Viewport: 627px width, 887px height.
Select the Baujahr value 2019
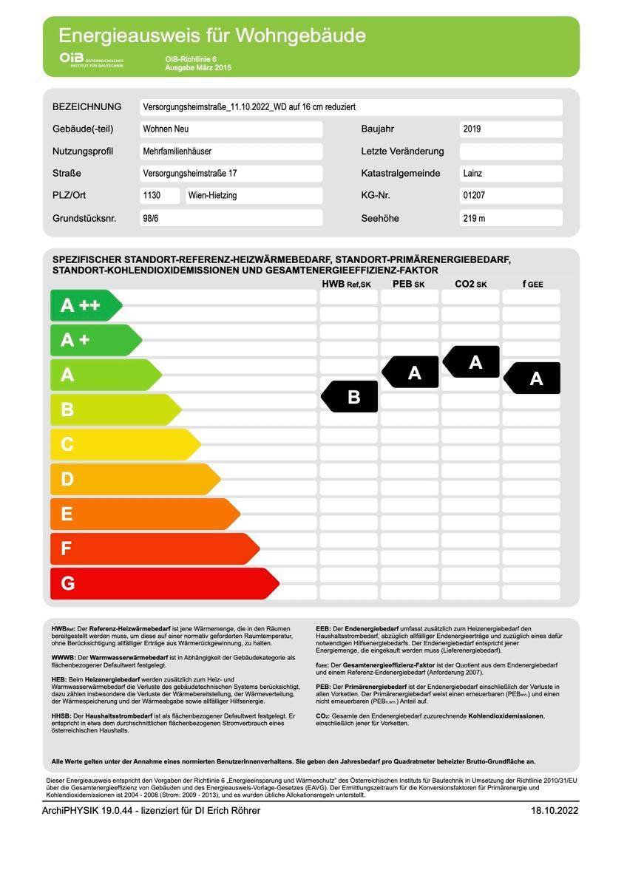click(x=510, y=129)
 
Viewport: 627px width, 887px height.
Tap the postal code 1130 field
click(x=160, y=196)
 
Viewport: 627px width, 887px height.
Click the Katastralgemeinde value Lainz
click(x=510, y=174)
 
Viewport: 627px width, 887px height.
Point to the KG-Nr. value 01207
click(x=510, y=196)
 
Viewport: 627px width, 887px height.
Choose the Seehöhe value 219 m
click(x=510, y=219)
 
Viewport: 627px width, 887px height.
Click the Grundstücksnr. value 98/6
click(x=231, y=219)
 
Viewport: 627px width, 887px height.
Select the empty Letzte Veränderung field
click(x=510, y=152)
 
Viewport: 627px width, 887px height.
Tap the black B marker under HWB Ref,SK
click(x=350, y=396)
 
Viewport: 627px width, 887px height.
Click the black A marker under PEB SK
click(x=412, y=373)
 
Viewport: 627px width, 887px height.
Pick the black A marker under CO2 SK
click(x=472, y=361)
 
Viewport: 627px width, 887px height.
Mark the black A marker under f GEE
click(x=533, y=378)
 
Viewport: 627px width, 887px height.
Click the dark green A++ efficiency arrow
click(x=84, y=305)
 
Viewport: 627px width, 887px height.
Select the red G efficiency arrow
click(x=163, y=583)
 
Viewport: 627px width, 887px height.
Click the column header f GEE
click(x=532, y=284)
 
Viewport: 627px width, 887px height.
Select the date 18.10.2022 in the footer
click(x=554, y=810)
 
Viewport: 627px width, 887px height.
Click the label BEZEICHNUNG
click(x=87, y=107)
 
